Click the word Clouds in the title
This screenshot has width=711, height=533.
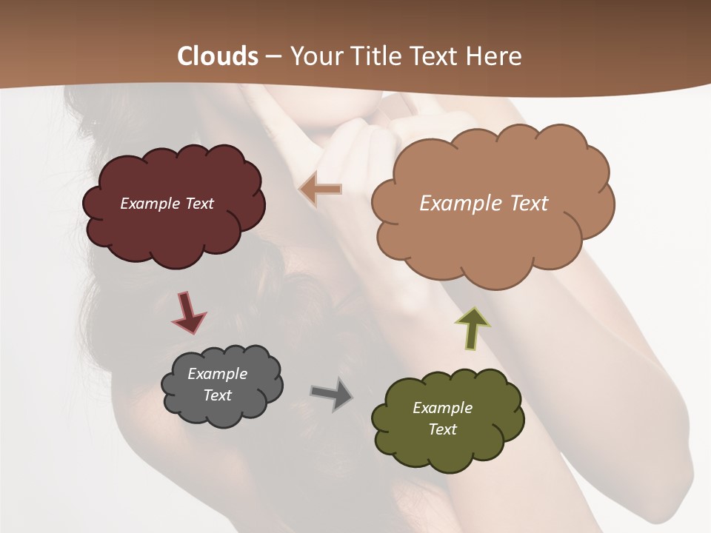click(x=218, y=56)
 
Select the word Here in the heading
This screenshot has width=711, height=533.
click(x=493, y=56)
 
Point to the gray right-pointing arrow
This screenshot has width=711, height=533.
click(x=332, y=394)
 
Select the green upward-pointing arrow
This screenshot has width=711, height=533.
click(x=473, y=327)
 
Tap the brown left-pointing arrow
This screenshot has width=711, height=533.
click(x=321, y=190)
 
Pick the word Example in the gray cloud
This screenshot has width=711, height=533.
click(x=217, y=374)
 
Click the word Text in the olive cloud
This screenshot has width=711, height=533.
click(x=442, y=429)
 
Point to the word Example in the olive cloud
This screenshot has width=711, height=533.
click(x=442, y=408)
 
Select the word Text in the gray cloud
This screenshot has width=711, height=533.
click(x=217, y=395)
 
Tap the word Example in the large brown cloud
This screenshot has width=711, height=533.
click(x=457, y=203)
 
